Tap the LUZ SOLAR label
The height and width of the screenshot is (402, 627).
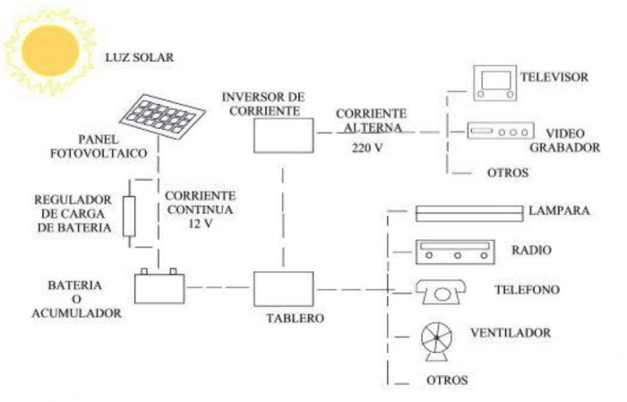[x=141, y=58]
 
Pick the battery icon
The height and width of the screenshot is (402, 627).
[x=159, y=288]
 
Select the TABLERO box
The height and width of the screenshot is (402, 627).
[x=282, y=288]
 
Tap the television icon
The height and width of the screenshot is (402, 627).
[x=494, y=80]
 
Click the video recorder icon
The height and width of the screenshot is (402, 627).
[x=501, y=132]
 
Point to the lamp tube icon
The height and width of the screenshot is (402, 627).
[x=469, y=212]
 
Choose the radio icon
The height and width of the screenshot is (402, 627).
[x=455, y=252]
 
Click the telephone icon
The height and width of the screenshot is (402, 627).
[x=439, y=292]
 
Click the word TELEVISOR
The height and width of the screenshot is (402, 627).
[x=554, y=77]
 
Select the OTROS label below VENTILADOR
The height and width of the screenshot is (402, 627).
[x=447, y=381]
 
